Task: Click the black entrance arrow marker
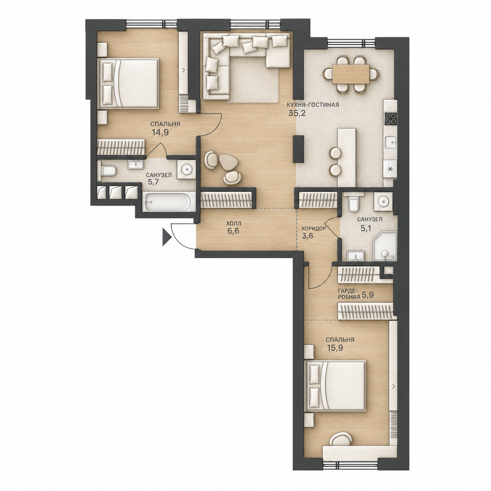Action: pyautogui.click(x=166, y=237)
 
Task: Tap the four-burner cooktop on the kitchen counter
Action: pyautogui.click(x=391, y=119)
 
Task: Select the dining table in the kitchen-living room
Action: pyautogui.click(x=351, y=74)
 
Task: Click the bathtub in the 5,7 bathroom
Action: pyautogui.click(x=168, y=202)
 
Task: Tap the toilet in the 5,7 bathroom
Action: pyautogui.click(x=108, y=171)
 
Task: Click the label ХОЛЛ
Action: pyautogui.click(x=233, y=224)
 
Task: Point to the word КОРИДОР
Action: pyautogui.click(x=313, y=228)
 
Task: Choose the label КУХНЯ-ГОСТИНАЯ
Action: pyautogui.click(x=312, y=105)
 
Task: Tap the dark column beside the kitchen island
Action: pyautogui.click(x=298, y=149)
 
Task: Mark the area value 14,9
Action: pyautogui.click(x=160, y=132)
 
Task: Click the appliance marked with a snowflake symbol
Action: pyautogui.click(x=390, y=169)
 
